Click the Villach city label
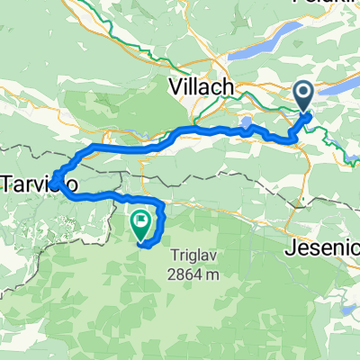point(202,87)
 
